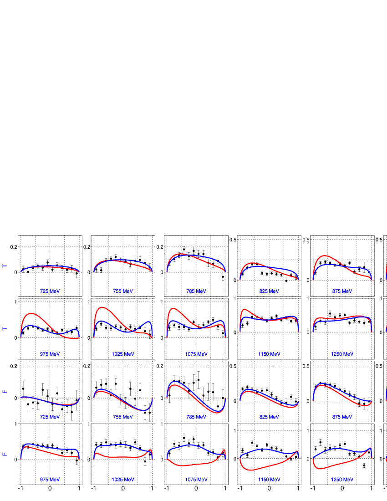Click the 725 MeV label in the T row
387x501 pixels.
pos(50,291)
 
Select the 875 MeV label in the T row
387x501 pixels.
pos(342,291)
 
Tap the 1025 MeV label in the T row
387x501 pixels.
pos(123,354)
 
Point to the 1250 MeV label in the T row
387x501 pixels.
pos(342,354)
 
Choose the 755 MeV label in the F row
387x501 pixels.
pos(123,417)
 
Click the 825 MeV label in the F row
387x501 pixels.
pos(269,417)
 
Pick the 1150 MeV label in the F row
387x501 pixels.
pos(269,480)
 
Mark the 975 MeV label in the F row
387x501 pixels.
pos(50,480)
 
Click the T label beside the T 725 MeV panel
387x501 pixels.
pos(5,266)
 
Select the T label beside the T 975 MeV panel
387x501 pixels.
pos(5,329)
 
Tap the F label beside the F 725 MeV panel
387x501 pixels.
pos(5,392)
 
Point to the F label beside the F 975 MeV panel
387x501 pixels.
pos(5,455)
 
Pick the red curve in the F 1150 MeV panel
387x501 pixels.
pos(255,469)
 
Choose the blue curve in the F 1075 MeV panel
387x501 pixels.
pos(191,445)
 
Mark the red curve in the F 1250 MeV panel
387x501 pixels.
pos(328,467)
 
